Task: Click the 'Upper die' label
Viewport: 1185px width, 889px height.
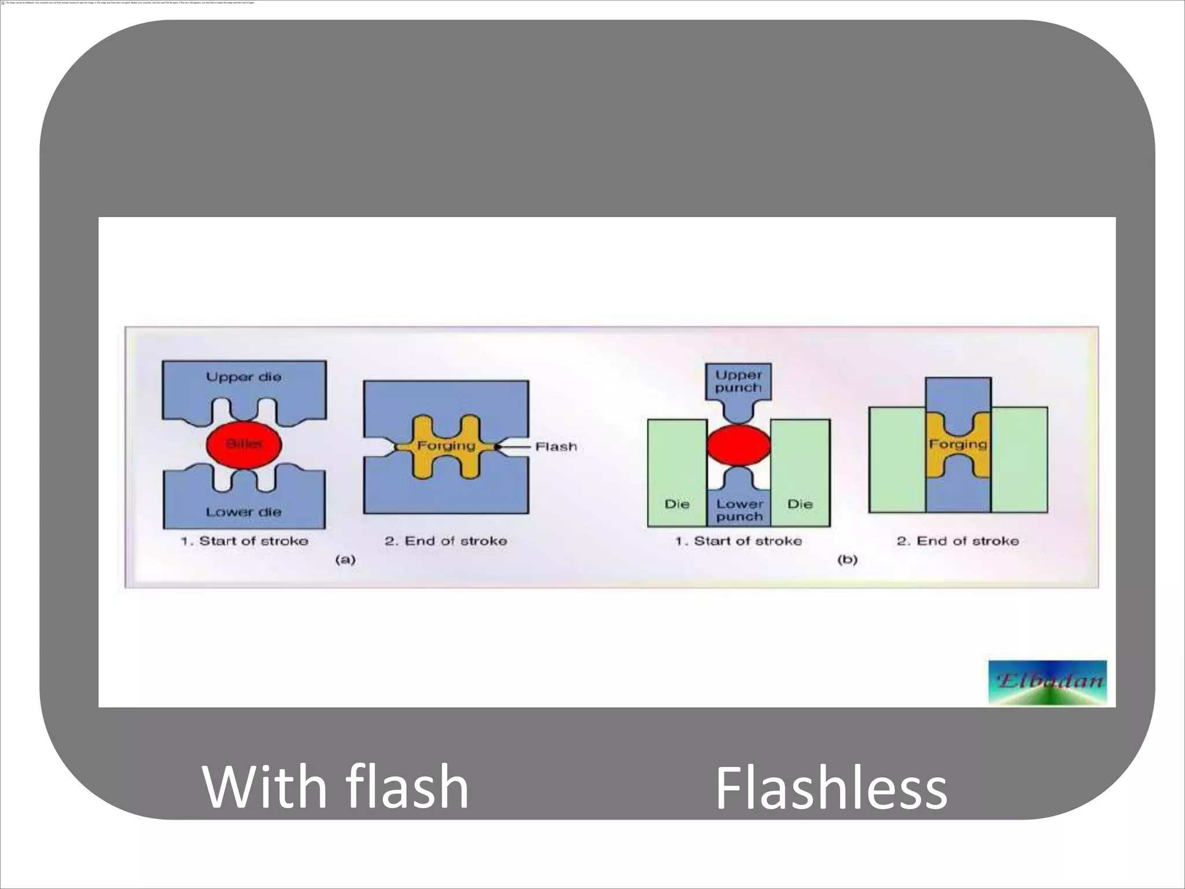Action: pos(244,377)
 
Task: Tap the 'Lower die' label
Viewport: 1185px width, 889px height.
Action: pos(244,512)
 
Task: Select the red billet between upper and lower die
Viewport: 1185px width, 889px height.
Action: pos(244,444)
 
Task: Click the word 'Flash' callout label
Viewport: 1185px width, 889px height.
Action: pos(556,447)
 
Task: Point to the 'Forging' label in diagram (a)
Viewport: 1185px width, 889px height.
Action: pos(446,446)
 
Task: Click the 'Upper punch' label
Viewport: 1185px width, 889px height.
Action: pos(738,381)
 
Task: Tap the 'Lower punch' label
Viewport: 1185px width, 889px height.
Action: pos(739,510)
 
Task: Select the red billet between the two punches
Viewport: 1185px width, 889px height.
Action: pos(739,444)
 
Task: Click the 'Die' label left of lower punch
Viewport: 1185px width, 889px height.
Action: pos(677,504)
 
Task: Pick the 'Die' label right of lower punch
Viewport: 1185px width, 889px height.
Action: pos(800,504)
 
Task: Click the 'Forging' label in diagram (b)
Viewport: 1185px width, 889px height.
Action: pos(958,444)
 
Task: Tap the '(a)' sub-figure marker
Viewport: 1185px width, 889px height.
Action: pos(345,560)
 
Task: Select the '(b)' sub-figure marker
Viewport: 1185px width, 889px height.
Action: pos(847,560)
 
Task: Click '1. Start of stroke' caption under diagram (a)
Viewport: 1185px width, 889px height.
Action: pos(244,541)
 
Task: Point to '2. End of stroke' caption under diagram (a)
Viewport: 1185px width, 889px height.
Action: pos(446,541)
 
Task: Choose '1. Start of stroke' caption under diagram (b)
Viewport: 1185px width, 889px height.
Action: pos(738,541)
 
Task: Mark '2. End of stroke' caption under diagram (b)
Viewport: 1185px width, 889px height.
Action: pos(958,541)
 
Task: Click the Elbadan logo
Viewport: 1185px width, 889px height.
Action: pos(1047,682)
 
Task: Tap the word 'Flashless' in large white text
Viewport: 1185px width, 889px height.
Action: pos(831,788)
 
